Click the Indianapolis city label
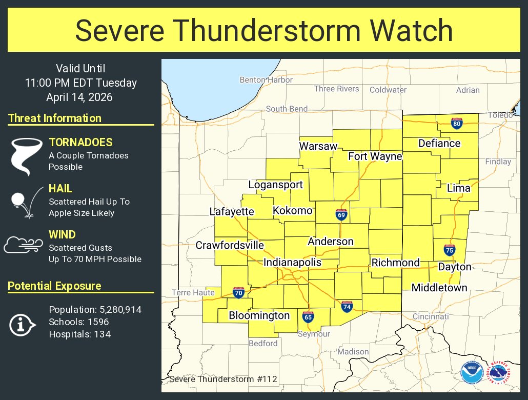tap(292, 263)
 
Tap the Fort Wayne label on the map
tap(375, 156)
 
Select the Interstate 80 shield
tap(456, 123)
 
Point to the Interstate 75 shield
tap(449, 250)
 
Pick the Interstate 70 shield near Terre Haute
tap(238, 293)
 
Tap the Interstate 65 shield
tap(308, 317)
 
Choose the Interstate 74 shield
tap(347, 306)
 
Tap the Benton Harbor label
tap(266, 80)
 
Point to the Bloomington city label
tap(259, 315)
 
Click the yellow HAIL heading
tap(60, 189)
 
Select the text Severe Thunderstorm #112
tap(222, 379)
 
